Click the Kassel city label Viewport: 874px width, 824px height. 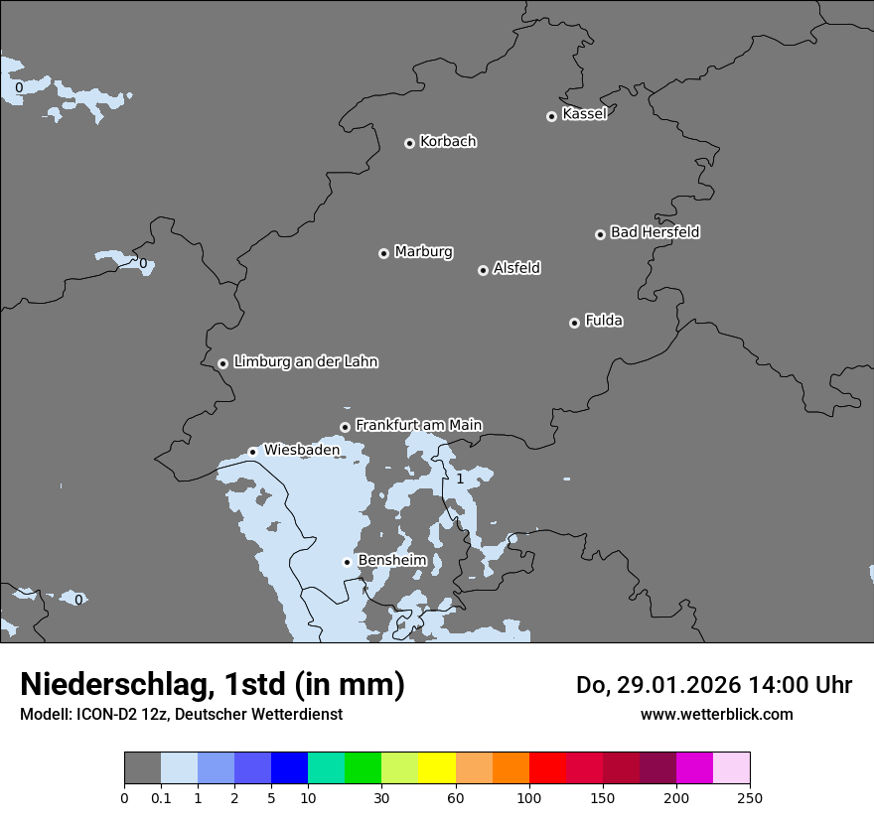(584, 114)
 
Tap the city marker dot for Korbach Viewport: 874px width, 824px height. (409, 143)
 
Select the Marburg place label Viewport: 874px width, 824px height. (423, 252)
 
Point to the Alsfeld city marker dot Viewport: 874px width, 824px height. (483, 270)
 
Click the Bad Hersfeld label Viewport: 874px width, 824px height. (655, 232)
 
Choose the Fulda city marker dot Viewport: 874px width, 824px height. (574, 323)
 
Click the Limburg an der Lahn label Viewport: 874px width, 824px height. (305, 362)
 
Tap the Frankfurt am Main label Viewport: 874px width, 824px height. (418, 425)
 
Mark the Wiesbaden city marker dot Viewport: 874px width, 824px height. (252, 452)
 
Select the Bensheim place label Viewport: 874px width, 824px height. (391, 560)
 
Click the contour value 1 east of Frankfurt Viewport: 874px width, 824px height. (459, 480)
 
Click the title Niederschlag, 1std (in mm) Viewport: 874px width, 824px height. (213, 684)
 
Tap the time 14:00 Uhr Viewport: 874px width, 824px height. (805, 685)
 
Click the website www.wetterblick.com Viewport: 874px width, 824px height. (716, 714)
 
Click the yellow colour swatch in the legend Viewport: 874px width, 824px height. (437, 768)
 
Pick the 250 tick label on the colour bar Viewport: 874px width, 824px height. (749, 797)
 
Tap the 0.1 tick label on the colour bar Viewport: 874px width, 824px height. (161, 797)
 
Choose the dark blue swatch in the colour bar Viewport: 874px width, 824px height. (289, 768)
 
